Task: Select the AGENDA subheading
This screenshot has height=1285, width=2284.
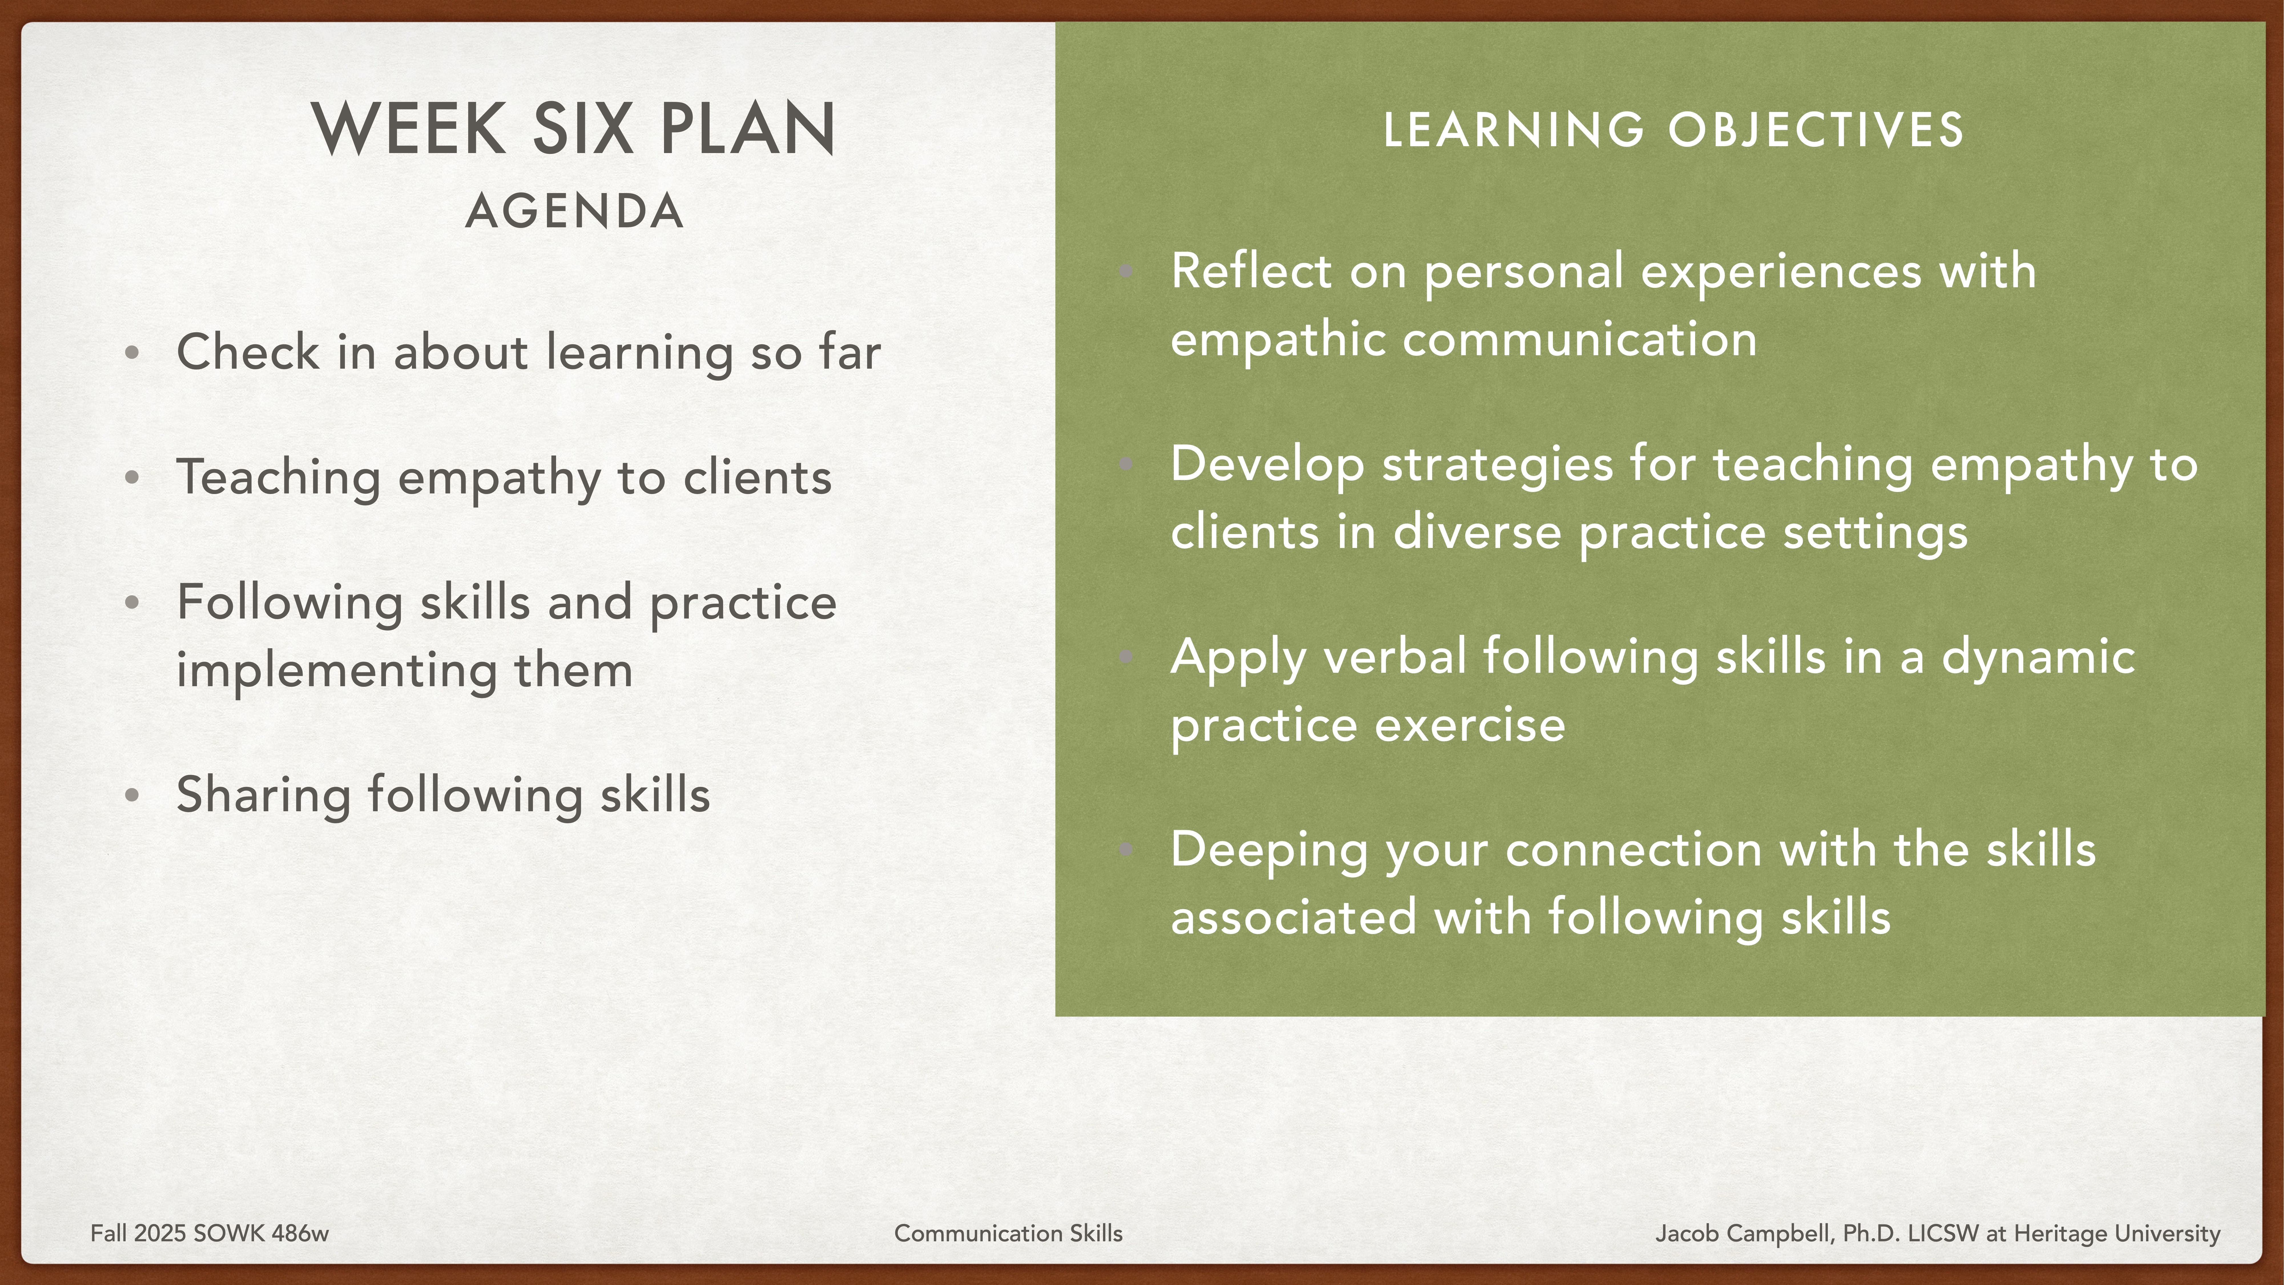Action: pyautogui.click(x=575, y=212)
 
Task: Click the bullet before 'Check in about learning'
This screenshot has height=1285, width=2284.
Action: pyautogui.click(x=132, y=353)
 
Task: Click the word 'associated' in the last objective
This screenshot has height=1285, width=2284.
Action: pyautogui.click(x=1293, y=917)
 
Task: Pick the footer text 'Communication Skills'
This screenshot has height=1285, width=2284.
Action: pyautogui.click(x=1008, y=1234)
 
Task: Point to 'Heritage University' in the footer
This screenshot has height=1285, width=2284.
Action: pyautogui.click(x=2116, y=1234)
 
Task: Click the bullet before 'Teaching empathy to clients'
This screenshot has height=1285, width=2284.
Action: pyautogui.click(x=132, y=478)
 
